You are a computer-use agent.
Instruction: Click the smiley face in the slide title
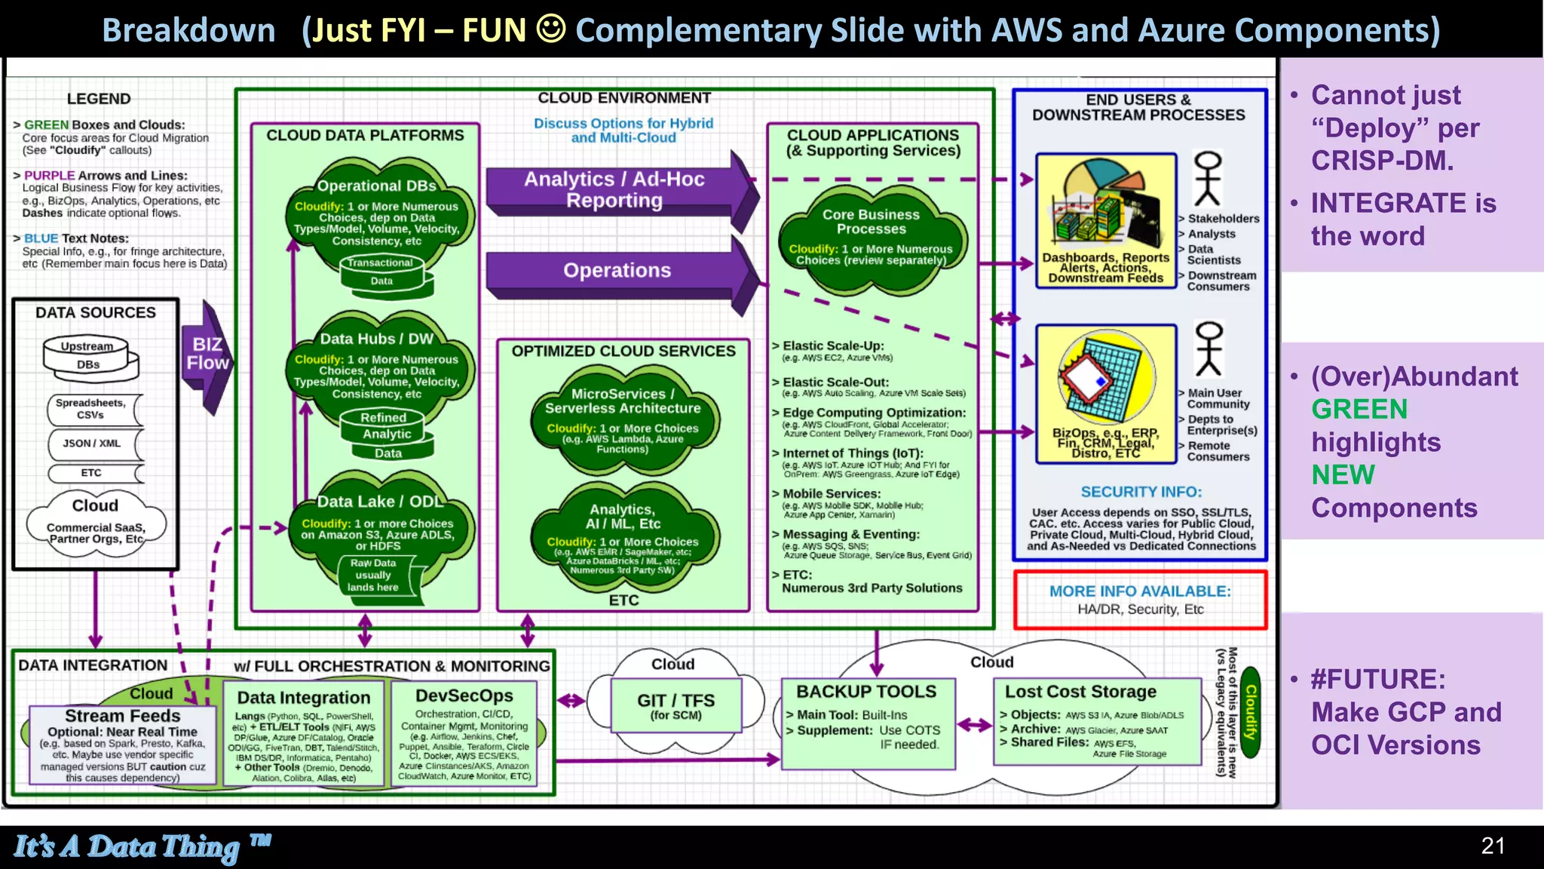click(x=550, y=29)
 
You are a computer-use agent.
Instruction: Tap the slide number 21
click(x=1493, y=846)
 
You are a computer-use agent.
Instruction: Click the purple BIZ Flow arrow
click(x=206, y=355)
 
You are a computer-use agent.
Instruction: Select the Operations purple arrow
click(x=617, y=271)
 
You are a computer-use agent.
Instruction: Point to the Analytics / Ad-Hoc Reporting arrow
click(x=614, y=189)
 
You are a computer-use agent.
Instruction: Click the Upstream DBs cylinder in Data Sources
click(x=90, y=356)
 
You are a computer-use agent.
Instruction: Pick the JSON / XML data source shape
click(x=93, y=444)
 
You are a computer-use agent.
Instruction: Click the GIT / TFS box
click(x=675, y=705)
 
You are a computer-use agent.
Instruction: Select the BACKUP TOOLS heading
click(x=866, y=692)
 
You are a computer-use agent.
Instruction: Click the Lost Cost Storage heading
click(x=1080, y=692)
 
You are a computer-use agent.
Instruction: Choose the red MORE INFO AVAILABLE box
click(x=1139, y=600)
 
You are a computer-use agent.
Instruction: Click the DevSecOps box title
click(x=464, y=696)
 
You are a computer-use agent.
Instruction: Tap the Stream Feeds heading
click(x=122, y=715)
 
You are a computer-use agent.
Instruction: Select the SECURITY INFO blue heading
click(x=1141, y=492)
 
